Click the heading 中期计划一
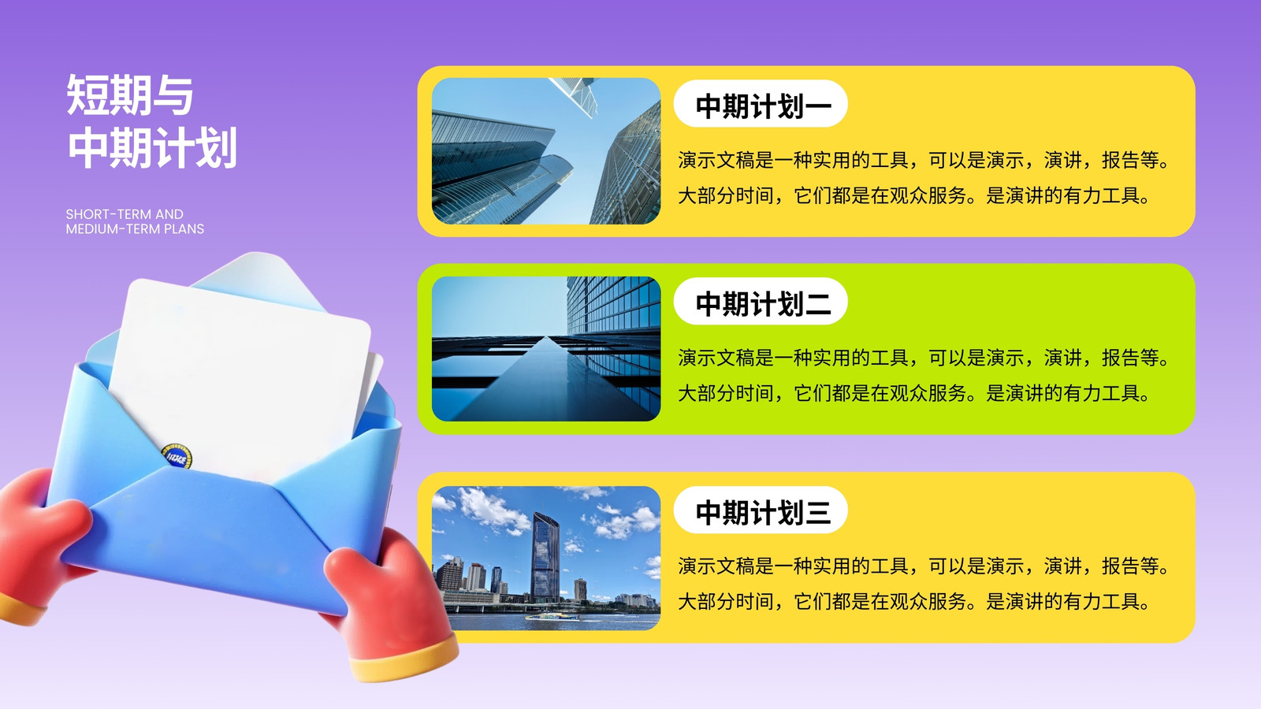(x=764, y=106)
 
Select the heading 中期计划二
(x=764, y=303)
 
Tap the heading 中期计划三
(x=764, y=512)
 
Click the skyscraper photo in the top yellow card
(x=546, y=150)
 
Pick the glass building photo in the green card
(x=546, y=348)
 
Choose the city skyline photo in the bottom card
(x=546, y=558)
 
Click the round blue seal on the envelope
(x=177, y=456)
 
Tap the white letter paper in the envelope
(x=240, y=377)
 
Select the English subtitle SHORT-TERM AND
(x=125, y=214)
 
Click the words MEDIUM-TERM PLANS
(x=135, y=229)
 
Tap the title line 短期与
(x=130, y=95)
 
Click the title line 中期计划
(x=152, y=147)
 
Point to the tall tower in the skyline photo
(x=545, y=557)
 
